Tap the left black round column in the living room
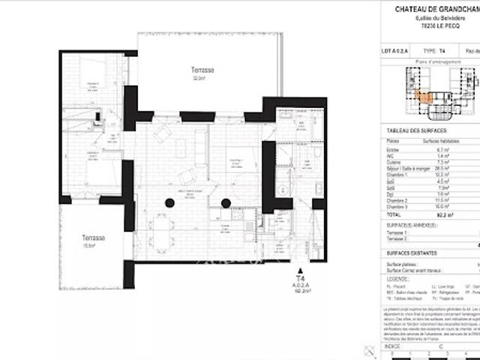pyautogui.click(x=170, y=202)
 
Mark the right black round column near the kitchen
pyautogui.click(x=225, y=202)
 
